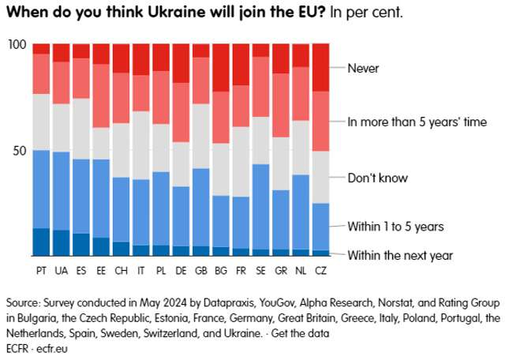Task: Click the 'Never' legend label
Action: [363, 68]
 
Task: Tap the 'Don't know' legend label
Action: [378, 178]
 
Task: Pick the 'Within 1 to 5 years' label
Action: [396, 227]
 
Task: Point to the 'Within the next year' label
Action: [400, 254]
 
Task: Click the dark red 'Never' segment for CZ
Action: [321, 67]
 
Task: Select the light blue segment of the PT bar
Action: [41, 189]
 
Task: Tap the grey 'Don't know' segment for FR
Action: [241, 162]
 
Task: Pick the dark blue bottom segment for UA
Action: [61, 243]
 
